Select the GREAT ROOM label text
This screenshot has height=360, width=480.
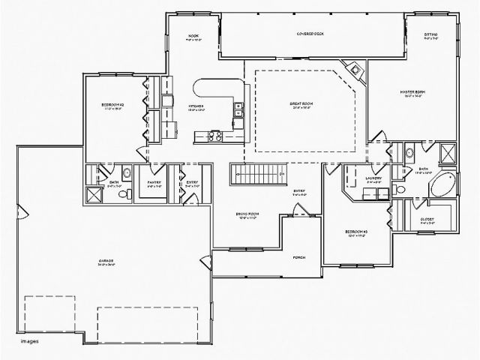point(301,103)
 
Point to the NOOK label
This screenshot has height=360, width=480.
point(193,36)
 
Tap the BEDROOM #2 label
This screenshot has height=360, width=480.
point(112,106)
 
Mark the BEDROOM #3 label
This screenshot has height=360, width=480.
point(355,232)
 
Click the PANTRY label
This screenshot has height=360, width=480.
point(154,182)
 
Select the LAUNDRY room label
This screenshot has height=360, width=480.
point(373,178)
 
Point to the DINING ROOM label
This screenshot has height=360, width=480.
point(247,215)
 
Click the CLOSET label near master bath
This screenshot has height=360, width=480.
point(427,218)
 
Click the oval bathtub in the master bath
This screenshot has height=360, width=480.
point(439,184)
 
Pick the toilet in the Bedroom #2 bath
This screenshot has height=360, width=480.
point(128,193)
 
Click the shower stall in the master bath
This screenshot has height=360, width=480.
point(448,154)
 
